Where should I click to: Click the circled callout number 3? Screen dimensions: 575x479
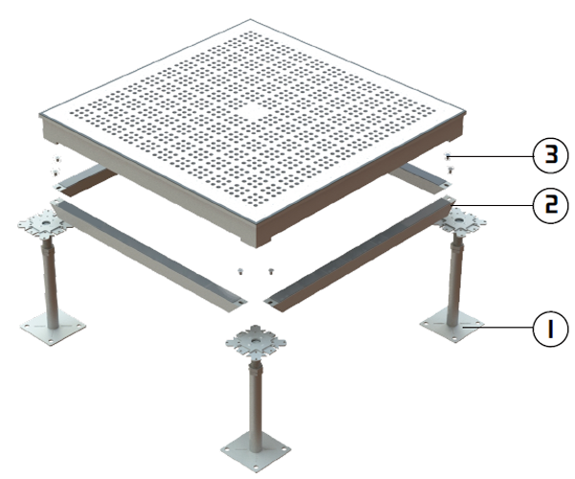click(550, 155)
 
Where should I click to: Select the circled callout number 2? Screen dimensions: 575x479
click(550, 205)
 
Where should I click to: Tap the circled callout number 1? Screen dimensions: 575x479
click(550, 329)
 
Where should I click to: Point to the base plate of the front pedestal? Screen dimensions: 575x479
click(256, 452)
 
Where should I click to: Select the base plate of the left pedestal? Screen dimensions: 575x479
click(53, 328)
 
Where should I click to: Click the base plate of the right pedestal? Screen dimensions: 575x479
click(451, 325)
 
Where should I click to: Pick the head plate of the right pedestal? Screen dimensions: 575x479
click(459, 220)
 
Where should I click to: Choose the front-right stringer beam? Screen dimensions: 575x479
click(361, 254)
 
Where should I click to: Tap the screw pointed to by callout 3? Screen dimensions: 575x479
click(447, 156)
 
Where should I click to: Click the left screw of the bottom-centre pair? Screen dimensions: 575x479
click(241, 271)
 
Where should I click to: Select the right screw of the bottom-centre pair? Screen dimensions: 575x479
click(271, 271)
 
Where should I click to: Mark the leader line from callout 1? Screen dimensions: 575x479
click(497, 326)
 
